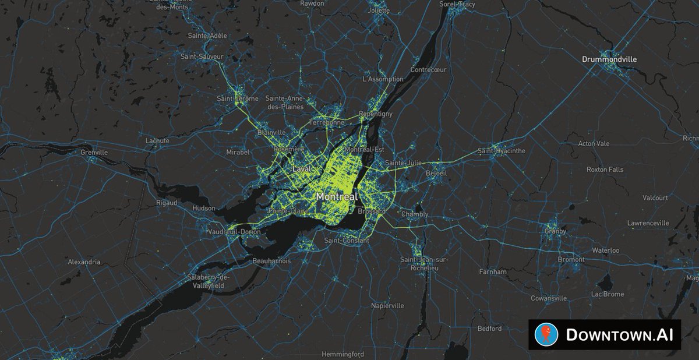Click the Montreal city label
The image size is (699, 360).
[337, 197]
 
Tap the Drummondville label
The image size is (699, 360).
[609, 59]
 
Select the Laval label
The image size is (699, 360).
[301, 169]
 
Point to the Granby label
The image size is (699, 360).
[555, 231]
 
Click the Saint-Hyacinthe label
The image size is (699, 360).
[502, 151]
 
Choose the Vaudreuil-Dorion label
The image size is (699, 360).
[234, 232]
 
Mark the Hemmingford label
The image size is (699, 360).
[343, 354]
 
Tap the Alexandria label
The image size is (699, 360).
[84, 262]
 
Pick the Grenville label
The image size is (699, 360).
[95, 153]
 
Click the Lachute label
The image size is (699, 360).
[157, 140]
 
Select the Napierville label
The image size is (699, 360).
[387, 305]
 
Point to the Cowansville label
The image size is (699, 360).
[549, 298]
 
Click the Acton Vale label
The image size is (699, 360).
[594, 143]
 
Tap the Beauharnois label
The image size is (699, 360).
[271, 262]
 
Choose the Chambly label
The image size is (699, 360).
[415, 214]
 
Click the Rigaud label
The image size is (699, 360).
[167, 203]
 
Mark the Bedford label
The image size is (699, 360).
[489, 329]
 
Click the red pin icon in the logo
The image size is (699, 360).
[546, 334]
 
